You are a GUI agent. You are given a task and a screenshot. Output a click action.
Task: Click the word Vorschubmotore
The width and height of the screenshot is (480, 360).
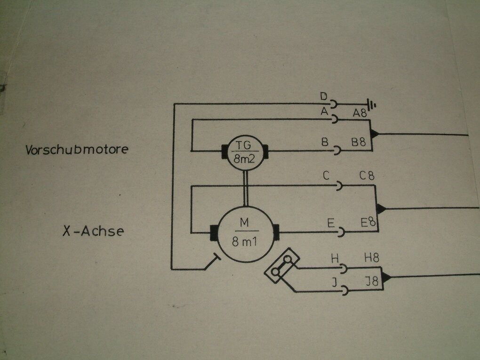pos(77,150)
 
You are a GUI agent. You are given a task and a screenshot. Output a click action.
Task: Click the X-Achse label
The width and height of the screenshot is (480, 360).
pos(93,231)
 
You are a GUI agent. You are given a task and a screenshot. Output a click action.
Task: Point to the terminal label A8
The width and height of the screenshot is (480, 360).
pos(360,113)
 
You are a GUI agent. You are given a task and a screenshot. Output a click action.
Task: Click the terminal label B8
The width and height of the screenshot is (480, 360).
pos(359,142)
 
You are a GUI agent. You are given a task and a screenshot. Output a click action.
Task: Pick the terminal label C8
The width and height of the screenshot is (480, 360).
pos(367,176)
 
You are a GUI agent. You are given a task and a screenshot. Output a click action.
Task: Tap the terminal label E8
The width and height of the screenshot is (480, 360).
pos(368,222)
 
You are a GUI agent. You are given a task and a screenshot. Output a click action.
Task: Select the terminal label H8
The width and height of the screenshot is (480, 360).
pos(372,258)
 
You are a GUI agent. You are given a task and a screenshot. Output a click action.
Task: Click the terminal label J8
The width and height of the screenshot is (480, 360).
pos(372,281)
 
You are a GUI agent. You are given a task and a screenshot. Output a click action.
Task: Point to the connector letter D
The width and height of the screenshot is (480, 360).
pos(324,96)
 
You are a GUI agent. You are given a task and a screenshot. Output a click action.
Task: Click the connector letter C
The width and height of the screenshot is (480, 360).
pos(326,176)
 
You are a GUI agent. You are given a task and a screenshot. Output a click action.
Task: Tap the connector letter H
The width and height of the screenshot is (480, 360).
pos(335,259)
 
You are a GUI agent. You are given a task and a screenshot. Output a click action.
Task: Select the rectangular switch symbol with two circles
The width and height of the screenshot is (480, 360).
pos(281,266)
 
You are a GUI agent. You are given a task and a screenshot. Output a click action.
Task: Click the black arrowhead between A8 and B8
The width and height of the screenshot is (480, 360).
pos(374,134)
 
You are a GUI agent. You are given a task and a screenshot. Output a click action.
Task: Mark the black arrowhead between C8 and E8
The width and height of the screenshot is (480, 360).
pos(381,209)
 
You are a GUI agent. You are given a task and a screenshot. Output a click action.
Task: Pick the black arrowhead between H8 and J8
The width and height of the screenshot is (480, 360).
pos(386,277)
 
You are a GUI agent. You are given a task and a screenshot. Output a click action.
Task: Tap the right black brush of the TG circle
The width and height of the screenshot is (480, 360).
pos(265,152)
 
